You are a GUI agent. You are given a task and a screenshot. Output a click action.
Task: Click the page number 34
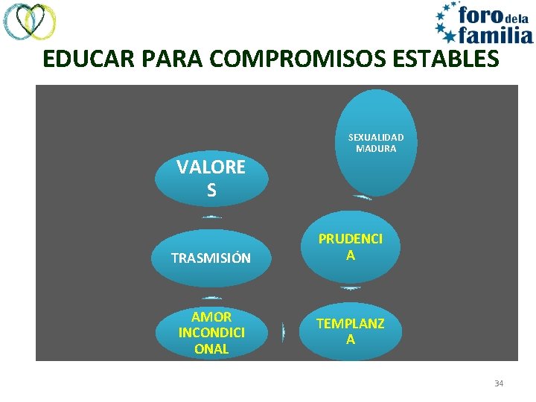tap(499, 383)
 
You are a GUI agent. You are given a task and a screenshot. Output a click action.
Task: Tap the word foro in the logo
tap(479, 15)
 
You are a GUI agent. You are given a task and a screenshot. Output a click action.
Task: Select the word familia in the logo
tap(495, 33)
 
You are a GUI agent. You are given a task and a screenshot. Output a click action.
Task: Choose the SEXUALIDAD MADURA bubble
tap(376, 142)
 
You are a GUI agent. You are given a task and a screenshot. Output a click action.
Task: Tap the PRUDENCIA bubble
tap(351, 247)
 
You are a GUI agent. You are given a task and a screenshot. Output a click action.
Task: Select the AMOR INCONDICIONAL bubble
tap(211, 333)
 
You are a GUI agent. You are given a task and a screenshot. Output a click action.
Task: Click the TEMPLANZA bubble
tap(351, 331)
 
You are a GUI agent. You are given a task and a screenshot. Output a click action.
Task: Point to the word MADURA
tap(376, 149)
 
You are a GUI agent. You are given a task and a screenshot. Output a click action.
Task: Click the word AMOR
tap(211, 317)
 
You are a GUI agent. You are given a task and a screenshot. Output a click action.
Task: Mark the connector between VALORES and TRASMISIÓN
tap(211, 217)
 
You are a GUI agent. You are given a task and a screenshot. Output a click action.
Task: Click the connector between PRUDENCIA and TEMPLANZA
tap(351, 288)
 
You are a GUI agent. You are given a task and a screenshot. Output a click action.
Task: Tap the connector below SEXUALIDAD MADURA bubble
tap(363, 198)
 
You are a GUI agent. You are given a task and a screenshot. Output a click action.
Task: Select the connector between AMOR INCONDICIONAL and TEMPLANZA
tap(284, 332)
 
